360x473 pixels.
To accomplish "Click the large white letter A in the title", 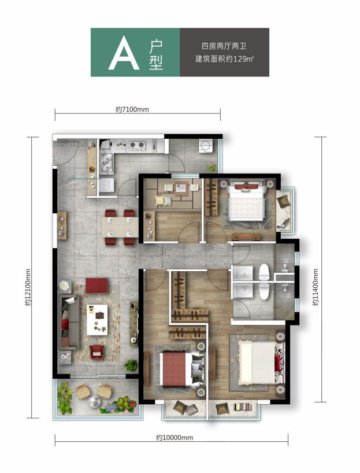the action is pyautogui.click(x=124, y=53).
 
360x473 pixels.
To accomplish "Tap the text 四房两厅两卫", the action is pyautogui.click(x=224, y=46).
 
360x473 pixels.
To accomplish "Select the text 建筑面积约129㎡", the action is pyautogui.click(x=224, y=58).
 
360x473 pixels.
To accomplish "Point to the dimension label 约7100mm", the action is pyautogui.click(x=132, y=109).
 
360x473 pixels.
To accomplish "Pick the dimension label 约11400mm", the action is pyautogui.click(x=316, y=287).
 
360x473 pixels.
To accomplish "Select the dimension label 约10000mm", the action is pyautogui.click(x=175, y=437).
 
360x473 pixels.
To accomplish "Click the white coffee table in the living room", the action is pyautogui.click(x=97, y=320).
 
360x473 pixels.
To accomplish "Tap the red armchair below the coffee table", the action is pyautogui.click(x=97, y=352).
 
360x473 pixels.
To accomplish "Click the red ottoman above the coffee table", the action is pyautogui.click(x=97, y=286).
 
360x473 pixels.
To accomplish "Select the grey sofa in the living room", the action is pyautogui.click(x=69, y=322).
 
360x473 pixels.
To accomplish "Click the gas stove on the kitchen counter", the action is pyautogui.click(x=137, y=145).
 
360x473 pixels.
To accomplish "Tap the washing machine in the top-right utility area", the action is pyautogui.click(x=206, y=146).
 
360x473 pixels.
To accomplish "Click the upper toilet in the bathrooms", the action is pyautogui.click(x=264, y=272).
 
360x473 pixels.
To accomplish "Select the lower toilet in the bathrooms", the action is pyautogui.click(x=264, y=291).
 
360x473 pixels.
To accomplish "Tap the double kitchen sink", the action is pyautogui.click(x=106, y=164).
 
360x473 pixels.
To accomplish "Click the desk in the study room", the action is pyautogui.click(x=180, y=187).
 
